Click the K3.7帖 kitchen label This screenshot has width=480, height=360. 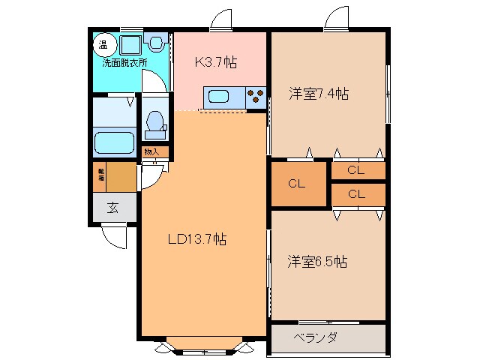pyautogui.click(x=216, y=63)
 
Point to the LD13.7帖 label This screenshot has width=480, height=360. pyautogui.click(x=196, y=240)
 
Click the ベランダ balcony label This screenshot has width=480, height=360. pyautogui.click(x=315, y=337)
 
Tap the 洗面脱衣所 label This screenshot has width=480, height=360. pyautogui.click(x=124, y=62)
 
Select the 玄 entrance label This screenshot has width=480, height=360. pyautogui.click(x=112, y=208)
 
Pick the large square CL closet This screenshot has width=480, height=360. pyautogui.click(x=296, y=183)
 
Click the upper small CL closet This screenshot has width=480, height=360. pyautogui.click(x=356, y=171)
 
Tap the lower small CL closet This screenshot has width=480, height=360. pyautogui.click(x=356, y=194)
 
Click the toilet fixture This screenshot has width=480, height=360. pyautogui.click(x=155, y=124)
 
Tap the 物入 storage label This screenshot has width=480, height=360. pyautogui.click(x=151, y=153)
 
